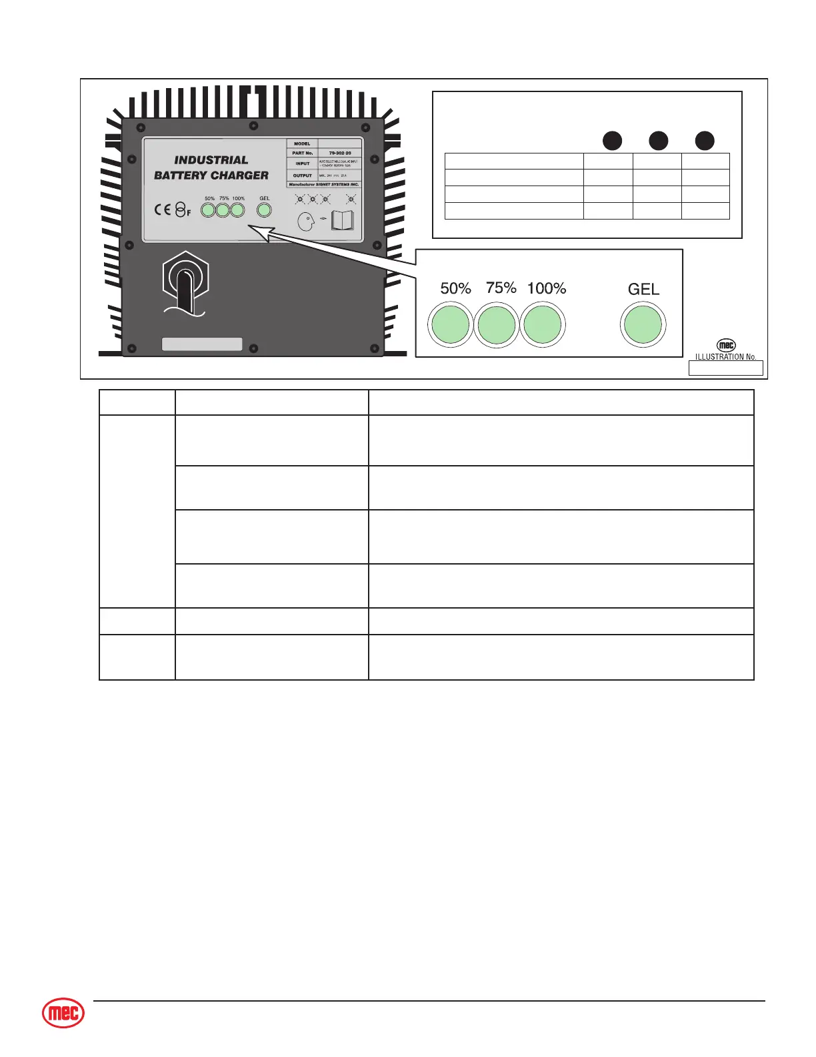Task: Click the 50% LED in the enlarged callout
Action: point(451,325)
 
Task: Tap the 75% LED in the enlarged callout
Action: point(497,325)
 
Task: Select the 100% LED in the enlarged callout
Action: point(543,325)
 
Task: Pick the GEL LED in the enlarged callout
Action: point(643,325)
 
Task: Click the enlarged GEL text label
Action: point(643,289)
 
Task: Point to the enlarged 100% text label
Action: point(547,288)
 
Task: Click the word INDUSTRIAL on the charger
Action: point(211,160)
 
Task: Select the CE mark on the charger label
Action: point(163,210)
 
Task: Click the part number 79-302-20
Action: point(340,153)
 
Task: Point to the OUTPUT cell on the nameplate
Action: point(303,175)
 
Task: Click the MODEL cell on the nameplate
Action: point(302,143)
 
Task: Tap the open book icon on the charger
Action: point(343,221)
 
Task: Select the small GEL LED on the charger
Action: point(265,210)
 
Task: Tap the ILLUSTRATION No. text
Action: point(725,357)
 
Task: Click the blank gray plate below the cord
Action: point(202,344)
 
